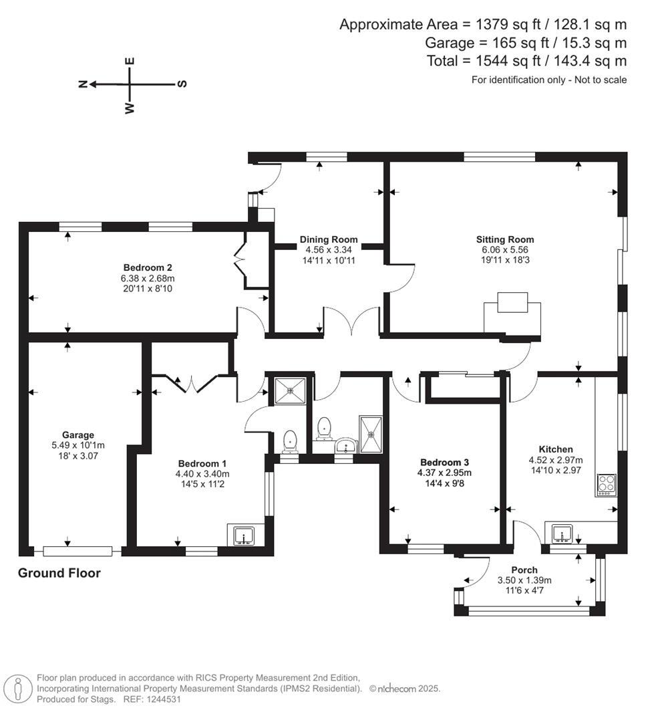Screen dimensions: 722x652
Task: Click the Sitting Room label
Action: click(504, 239)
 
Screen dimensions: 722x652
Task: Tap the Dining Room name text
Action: click(328, 239)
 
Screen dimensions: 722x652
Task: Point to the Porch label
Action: click(524, 570)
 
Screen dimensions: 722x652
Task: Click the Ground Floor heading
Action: click(59, 573)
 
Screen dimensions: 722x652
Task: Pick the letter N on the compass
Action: click(84, 84)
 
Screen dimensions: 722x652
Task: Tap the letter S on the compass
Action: click(182, 84)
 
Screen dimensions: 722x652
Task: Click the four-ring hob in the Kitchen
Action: click(606, 483)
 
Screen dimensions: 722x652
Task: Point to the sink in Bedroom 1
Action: click(245, 535)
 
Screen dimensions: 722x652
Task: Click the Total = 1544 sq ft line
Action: click(526, 61)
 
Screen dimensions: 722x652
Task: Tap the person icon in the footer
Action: click(18, 689)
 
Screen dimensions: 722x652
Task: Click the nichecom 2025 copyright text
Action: click(405, 689)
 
